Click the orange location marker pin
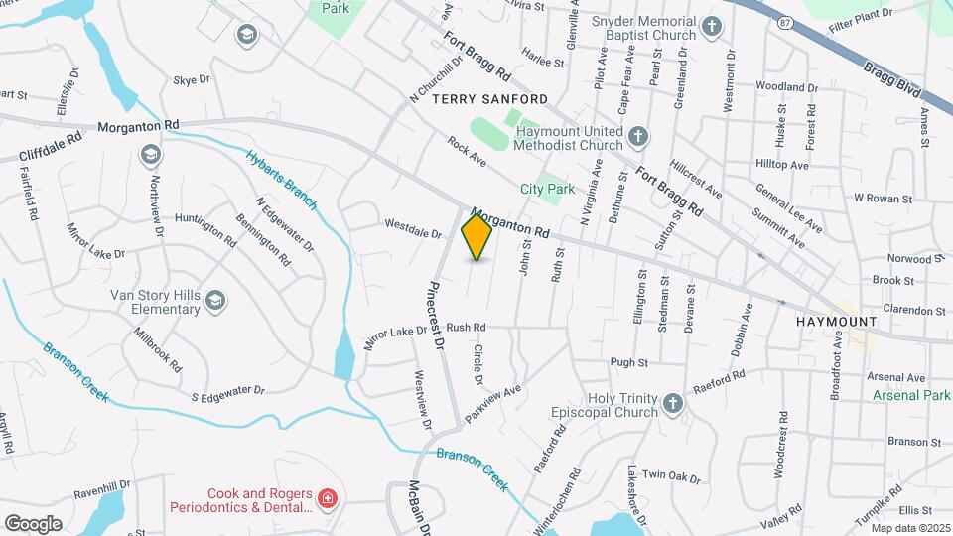coord(476,237)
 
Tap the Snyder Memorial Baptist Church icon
coord(711,27)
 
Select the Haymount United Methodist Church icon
coord(638,135)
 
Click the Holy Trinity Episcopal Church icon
coord(672,402)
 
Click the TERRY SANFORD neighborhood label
coord(489,100)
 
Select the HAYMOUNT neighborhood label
coord(837,323)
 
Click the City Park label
coord(548,189)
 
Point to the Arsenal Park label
coord(912,395)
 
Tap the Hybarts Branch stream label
coord(282,180)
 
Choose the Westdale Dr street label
coord(413,228)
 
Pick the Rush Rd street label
coord(466,327)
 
